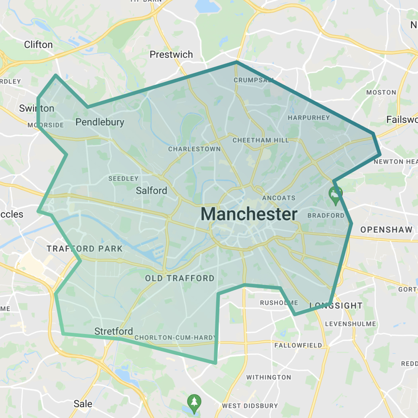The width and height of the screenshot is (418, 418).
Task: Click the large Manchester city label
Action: click(x=249, y=214)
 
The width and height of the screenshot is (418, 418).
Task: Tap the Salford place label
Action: click(x=151, y=191)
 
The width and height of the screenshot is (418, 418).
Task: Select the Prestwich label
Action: click(x=171, y=55)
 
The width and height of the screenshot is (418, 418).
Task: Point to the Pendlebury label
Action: click(x=100, y=122)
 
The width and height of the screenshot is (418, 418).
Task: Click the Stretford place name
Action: click(x=113, y=331)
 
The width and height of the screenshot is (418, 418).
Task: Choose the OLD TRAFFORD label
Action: click(x=180, y=278)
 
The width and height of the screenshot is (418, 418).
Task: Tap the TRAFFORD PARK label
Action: click(x=85, y=249)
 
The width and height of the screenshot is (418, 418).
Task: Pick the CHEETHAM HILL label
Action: click(x=261, y=141)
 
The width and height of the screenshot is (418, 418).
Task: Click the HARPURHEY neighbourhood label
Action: click(x=309, y=118)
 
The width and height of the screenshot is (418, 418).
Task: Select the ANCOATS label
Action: click(x=279, y=198)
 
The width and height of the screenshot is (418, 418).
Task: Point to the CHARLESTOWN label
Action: click(x=194, y=149)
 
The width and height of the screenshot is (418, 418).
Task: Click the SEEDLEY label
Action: click(x=123, y=179)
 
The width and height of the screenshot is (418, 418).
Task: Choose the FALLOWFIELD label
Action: click(x=298, y=345)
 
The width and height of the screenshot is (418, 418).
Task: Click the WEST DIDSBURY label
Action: click(x=250, y=406)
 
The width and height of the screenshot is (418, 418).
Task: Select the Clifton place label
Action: click(x=38, y=45)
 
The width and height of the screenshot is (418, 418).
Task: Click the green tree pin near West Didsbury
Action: click(x=194, y=402)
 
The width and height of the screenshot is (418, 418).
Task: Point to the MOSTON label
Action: click(x=381, y=92)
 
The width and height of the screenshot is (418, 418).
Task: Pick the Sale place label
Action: click(x=83, y=404)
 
